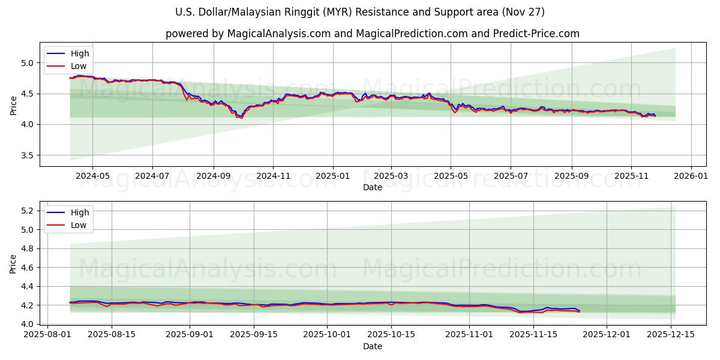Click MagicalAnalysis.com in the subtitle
coord(279,34)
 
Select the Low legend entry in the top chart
coord(79,66)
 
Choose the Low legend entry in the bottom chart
coord(79,225)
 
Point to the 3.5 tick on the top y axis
coord(28,155)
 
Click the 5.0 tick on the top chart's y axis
coord(28,63)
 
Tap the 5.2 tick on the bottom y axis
coord(28,211)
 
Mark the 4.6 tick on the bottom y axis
coord(28,268)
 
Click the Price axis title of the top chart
coord(13,104)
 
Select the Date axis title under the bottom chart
coord(372,347)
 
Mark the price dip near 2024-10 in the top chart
coord(240,117)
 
